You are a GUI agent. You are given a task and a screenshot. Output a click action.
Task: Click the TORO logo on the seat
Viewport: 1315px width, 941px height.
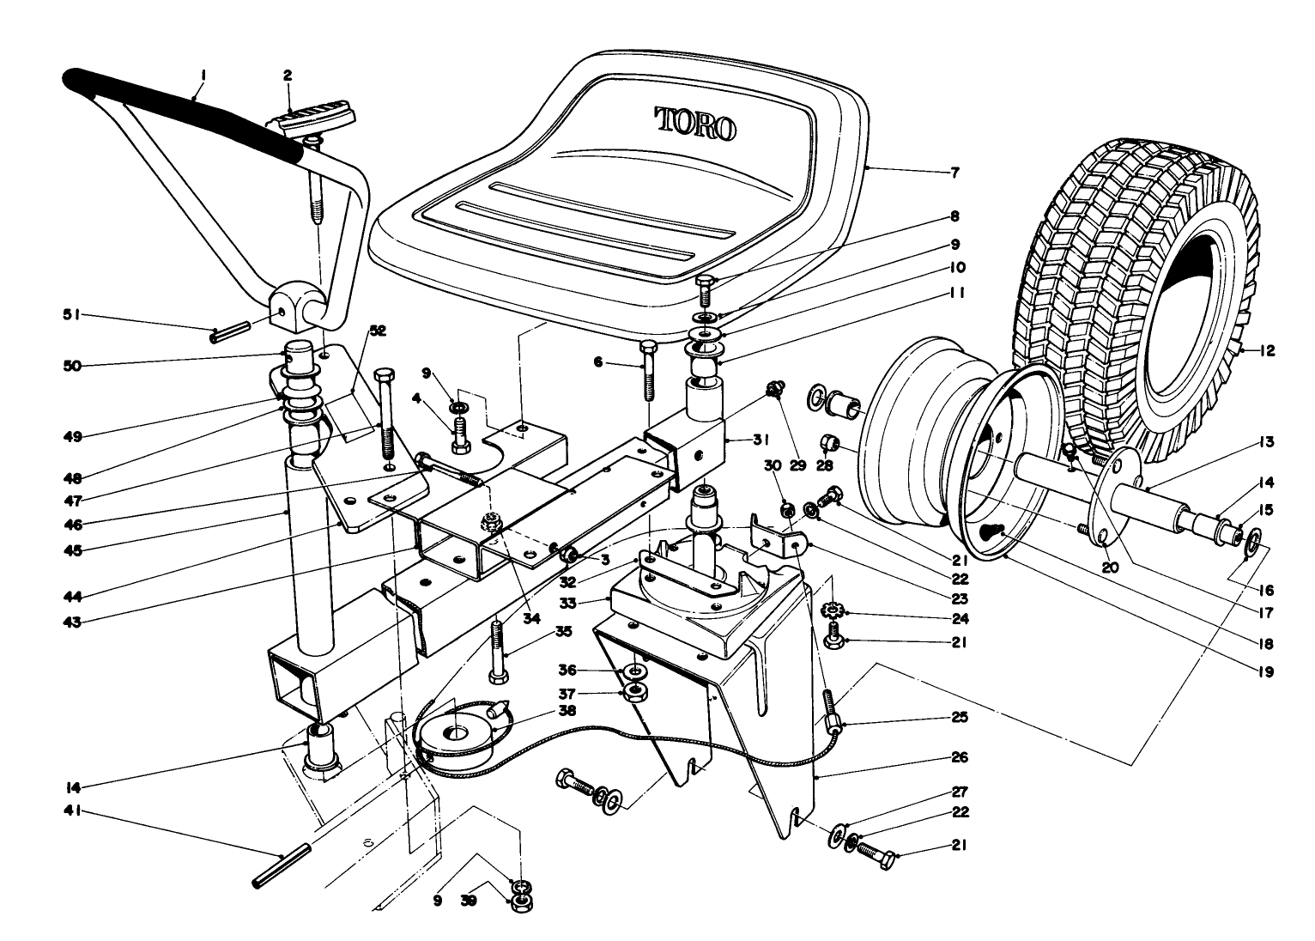point(695,124)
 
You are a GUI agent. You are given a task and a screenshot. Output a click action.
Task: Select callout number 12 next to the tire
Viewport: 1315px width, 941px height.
point(1267,350)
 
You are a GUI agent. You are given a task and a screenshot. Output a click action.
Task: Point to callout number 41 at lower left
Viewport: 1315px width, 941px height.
point(73,810)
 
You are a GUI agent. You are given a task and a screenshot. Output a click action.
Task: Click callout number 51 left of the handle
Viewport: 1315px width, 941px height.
point(71,315)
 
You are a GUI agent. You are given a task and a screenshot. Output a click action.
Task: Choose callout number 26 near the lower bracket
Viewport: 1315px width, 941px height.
point(959,757)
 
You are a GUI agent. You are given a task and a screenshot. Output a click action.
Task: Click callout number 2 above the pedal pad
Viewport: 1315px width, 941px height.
point(288,76)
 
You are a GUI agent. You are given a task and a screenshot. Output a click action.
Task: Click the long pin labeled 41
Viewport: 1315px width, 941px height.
point(282,866)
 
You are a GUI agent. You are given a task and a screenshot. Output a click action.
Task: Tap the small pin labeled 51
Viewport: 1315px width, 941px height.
point(228,331)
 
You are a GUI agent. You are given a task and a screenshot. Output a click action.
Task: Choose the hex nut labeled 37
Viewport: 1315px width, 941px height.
point(636,693)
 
